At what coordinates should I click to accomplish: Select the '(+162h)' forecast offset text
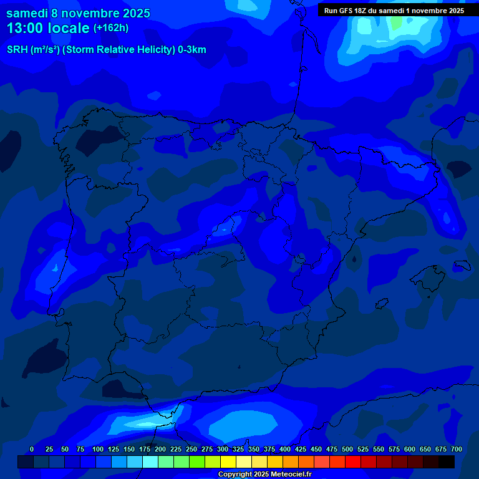pos(110,28)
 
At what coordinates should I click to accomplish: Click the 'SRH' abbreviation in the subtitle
pos(18,50)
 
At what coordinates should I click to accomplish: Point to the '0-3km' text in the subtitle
pos(192,50)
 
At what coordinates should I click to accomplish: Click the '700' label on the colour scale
pos(456,449)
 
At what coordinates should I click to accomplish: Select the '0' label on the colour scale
pos(32,449)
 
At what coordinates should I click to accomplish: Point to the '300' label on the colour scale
pos(223,449)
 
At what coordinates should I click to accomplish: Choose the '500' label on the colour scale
pos(347,449)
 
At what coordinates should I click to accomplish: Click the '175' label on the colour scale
pos(145,449)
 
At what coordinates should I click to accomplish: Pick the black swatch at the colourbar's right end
pos(447,462)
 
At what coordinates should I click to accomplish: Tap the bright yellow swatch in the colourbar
pos(228,462)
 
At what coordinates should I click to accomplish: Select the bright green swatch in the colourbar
pos(197,462)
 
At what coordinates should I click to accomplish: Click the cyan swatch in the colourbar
pos(150,462)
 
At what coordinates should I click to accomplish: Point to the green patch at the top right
pos(395,22)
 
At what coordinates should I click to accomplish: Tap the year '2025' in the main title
pos(132,13)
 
